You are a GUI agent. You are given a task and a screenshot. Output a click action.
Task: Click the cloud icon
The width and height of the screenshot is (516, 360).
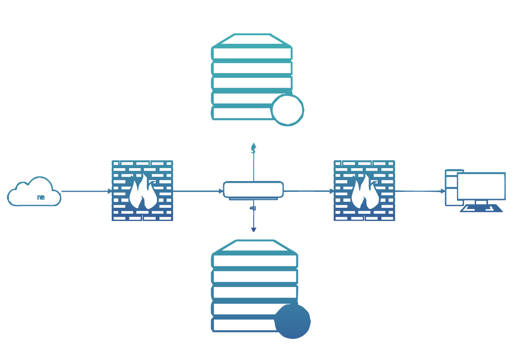pos(34,192)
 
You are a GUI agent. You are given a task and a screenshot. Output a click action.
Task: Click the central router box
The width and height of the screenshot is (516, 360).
pos(253,189)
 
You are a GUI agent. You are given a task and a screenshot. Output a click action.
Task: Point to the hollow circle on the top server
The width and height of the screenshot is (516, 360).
pos(288,110)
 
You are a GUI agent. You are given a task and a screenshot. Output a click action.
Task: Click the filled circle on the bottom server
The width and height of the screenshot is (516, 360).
pos(292,321)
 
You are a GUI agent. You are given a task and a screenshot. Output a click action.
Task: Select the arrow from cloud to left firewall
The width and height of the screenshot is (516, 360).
pos(86,191)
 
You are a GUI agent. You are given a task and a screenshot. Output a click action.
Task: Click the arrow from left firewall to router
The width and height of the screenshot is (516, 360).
pos(198,191)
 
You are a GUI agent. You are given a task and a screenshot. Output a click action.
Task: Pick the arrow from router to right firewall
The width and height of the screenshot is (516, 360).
pos(309,191)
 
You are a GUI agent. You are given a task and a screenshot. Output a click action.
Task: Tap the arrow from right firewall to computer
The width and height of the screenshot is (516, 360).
pos(420,191)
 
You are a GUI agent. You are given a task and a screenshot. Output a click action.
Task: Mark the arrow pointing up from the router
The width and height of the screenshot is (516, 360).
pos(254,161)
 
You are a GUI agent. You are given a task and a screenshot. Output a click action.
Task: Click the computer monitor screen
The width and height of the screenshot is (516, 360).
pos(481,186)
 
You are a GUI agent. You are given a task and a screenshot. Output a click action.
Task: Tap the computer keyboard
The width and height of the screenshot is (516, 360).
pos(481,209)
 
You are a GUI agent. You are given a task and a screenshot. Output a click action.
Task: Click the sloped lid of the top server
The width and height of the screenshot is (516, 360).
pos(252,40)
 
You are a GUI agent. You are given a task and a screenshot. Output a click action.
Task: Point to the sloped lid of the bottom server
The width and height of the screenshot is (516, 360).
pos(254,247)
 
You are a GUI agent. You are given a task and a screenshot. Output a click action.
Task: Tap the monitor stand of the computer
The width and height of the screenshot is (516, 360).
pos(481,202)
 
